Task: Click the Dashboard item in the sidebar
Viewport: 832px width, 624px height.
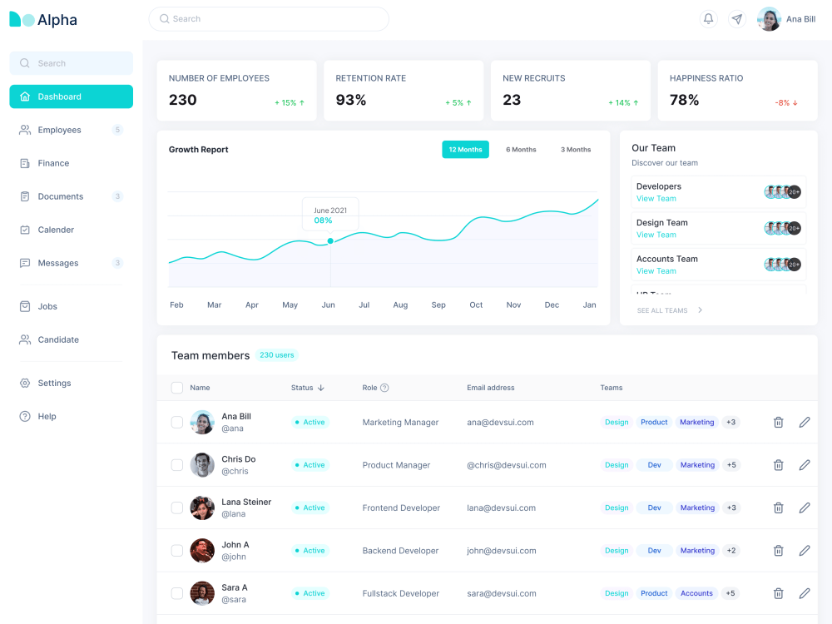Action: click(71, 97)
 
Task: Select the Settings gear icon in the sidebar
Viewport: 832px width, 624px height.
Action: click(25, 383)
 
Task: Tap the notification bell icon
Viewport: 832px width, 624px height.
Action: click(708, 19)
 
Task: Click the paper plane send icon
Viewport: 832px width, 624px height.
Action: click(737, 19)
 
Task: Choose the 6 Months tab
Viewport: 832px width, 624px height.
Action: click(521, 150)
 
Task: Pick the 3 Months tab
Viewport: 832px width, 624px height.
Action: click(576, 150)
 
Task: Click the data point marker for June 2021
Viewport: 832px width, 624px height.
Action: click(330, 241)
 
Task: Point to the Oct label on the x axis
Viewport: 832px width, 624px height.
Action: click(476, 305)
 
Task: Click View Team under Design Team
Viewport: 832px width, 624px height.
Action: click(656, 235)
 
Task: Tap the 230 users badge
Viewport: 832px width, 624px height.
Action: click(276, 355)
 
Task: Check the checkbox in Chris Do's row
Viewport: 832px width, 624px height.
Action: click(177, 465)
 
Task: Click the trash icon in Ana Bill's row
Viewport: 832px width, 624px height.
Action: click(779, 423)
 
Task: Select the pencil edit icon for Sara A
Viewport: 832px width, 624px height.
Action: click(805, 593)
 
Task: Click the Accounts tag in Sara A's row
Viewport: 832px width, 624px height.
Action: click(696, 593)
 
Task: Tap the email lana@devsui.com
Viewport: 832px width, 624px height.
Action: click(502, 508)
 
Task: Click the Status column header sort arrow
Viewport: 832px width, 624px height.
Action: click(321, 388)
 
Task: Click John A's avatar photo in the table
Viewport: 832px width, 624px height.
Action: click(202, 551)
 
